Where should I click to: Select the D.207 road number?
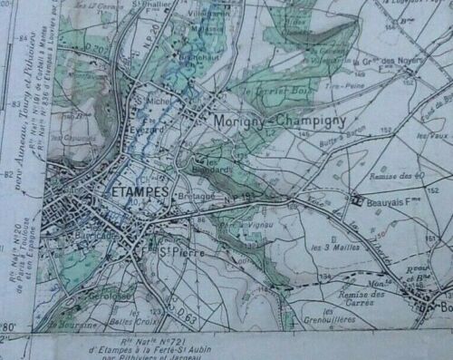91,45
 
